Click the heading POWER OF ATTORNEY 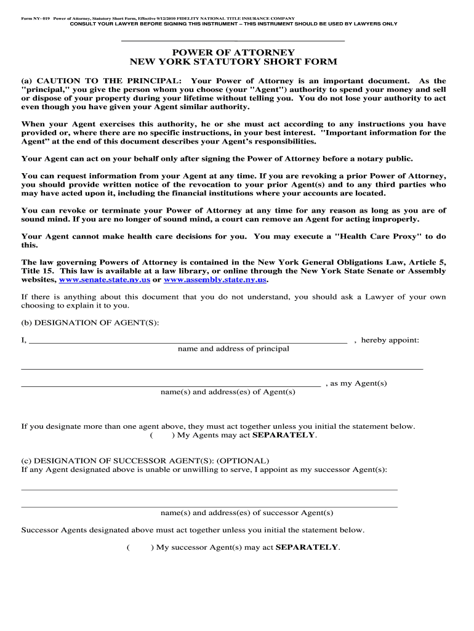(233, 52)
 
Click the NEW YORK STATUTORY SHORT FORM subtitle (233, 62)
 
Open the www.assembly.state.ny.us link (215, 280)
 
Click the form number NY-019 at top (34, 18)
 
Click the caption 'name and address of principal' (233, 349)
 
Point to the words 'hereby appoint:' (390, 340)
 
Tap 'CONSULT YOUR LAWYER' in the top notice (105, 24)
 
